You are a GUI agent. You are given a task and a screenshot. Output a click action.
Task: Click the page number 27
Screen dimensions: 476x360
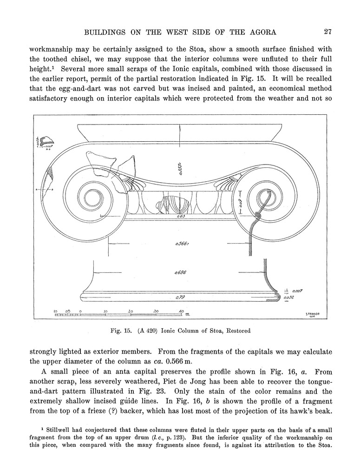click(327, 32)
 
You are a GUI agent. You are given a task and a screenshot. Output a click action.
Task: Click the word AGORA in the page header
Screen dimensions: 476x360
click(260, 32)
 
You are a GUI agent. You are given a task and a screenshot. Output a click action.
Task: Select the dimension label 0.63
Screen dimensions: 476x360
click(181, 216)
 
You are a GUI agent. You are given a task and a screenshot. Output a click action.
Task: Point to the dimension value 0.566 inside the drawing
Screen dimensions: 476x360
click(180, 243)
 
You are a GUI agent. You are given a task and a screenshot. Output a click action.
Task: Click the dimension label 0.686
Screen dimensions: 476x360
click(180, 272)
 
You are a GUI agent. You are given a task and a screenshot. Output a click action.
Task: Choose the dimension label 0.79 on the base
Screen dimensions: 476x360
click(180, 297)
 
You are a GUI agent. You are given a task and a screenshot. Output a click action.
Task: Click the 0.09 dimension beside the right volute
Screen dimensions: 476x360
click(239, 203)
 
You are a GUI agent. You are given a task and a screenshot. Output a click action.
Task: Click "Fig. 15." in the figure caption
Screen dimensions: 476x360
click(120, 331)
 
